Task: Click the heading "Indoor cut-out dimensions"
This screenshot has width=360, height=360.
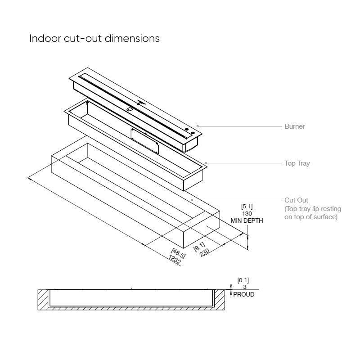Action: (x=94, y=38)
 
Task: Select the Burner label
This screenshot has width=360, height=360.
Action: (x=294, y=126)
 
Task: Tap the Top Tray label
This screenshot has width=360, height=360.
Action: (x=297, y=163)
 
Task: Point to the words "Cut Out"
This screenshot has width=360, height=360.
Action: (x=297, y=200)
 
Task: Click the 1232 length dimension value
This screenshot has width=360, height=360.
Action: (x=175, y=260)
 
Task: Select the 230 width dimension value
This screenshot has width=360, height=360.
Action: (x=204, y=252)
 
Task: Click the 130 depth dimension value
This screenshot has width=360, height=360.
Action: (x=247, y=214)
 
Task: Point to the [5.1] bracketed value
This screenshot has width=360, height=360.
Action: (x=247, y=207)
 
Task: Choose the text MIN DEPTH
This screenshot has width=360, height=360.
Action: (x=247, y=221)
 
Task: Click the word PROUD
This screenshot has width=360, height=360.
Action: (x=243, y=294)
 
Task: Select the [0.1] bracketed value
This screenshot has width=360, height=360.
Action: (x=243, y=280)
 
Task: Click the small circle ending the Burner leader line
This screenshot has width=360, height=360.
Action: (x=198, y=126)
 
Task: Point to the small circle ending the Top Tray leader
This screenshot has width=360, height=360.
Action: (x=206, y=163)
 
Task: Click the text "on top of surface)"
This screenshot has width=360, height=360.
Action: (x=311, y=217)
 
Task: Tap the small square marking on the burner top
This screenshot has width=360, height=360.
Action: (x=130, y=108)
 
